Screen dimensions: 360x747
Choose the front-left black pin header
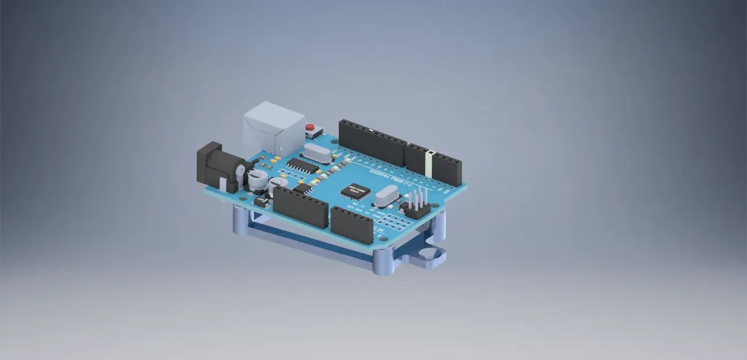click(299, 206)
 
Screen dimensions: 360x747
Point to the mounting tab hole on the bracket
click(427, 253)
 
